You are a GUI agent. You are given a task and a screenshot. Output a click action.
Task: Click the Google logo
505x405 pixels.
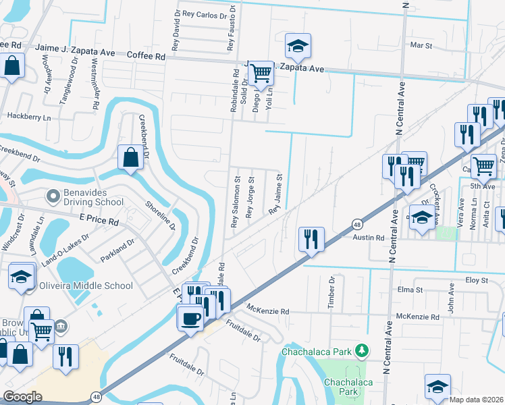coord(22,397)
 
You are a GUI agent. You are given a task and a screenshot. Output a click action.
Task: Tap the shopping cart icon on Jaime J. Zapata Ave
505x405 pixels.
coord(261,74)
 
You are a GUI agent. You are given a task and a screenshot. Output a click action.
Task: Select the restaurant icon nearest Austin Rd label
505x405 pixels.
coord(312,239)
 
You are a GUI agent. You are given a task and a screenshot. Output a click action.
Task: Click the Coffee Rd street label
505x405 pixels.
coord(146,57)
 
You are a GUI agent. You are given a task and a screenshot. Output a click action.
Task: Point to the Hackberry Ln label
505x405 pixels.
coord(28,117)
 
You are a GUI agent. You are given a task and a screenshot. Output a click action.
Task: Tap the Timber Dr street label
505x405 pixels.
coord(331,293)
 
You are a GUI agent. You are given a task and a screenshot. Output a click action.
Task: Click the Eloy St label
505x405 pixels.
coord(476,279)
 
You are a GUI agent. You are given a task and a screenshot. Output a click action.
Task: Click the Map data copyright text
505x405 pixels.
coord(476,400)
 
